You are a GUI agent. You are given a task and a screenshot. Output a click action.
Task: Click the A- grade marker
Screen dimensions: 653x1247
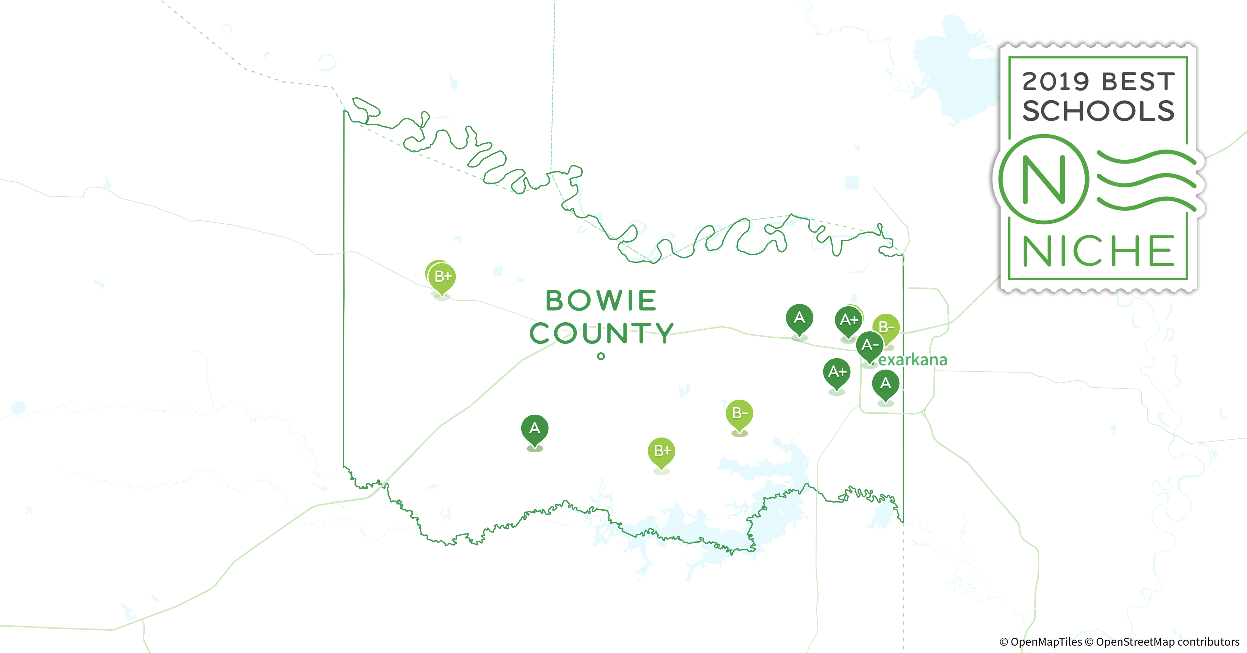[x=870, y=345]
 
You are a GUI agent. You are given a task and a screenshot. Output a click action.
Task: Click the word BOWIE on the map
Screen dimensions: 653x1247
[x=601, y=301]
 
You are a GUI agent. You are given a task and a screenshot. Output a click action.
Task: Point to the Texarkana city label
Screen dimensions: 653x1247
[x=912, y=360]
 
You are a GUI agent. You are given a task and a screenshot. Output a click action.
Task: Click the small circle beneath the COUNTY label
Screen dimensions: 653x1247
[x=601, y=356]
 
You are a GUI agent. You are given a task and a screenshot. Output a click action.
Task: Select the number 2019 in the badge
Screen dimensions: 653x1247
[x=1055, y=81]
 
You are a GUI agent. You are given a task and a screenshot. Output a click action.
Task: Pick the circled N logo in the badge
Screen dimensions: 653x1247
[x=1044, y=179]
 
